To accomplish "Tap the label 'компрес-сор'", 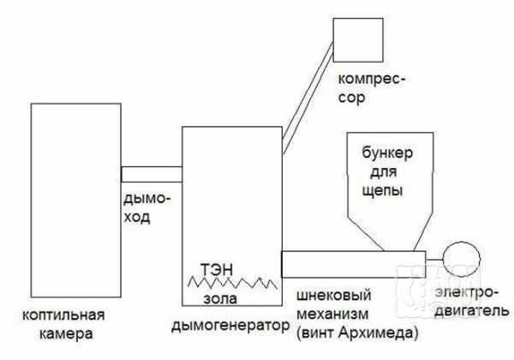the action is pyautogui.click(x=372, y=88).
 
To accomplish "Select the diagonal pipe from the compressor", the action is pyautogui.click(x=308, y=98).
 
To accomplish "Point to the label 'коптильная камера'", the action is pyautogui.click(x=63, y=324).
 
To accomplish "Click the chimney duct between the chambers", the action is pyautogui.click(x=152, y=174).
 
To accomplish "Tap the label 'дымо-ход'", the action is pyautogui.click(x=146, y=207).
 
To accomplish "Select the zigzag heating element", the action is pyautogui.click(x=232, y=283).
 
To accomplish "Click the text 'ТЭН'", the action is pyautogui.click(x=217, y=269).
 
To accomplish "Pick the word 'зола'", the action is pyautogui.click(x=220, y=298).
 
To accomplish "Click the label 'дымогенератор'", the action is pyautogui.click(x=230, y=326).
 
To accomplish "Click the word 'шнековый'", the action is pyautogui.click(x=334, y=296).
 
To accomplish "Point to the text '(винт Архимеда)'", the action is pyautogui.click(x=357, y=333).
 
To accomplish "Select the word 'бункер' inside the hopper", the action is pyautogui.click(x=387, y=153).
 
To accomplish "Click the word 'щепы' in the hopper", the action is pyautogui.click(x=382, y=190).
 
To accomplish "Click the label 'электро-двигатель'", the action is pyautogui.click(x=471, y=302).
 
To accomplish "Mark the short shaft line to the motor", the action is pyautogui.click(x=434, y=260).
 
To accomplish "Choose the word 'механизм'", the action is pyautogui.click(x=332, y=314).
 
